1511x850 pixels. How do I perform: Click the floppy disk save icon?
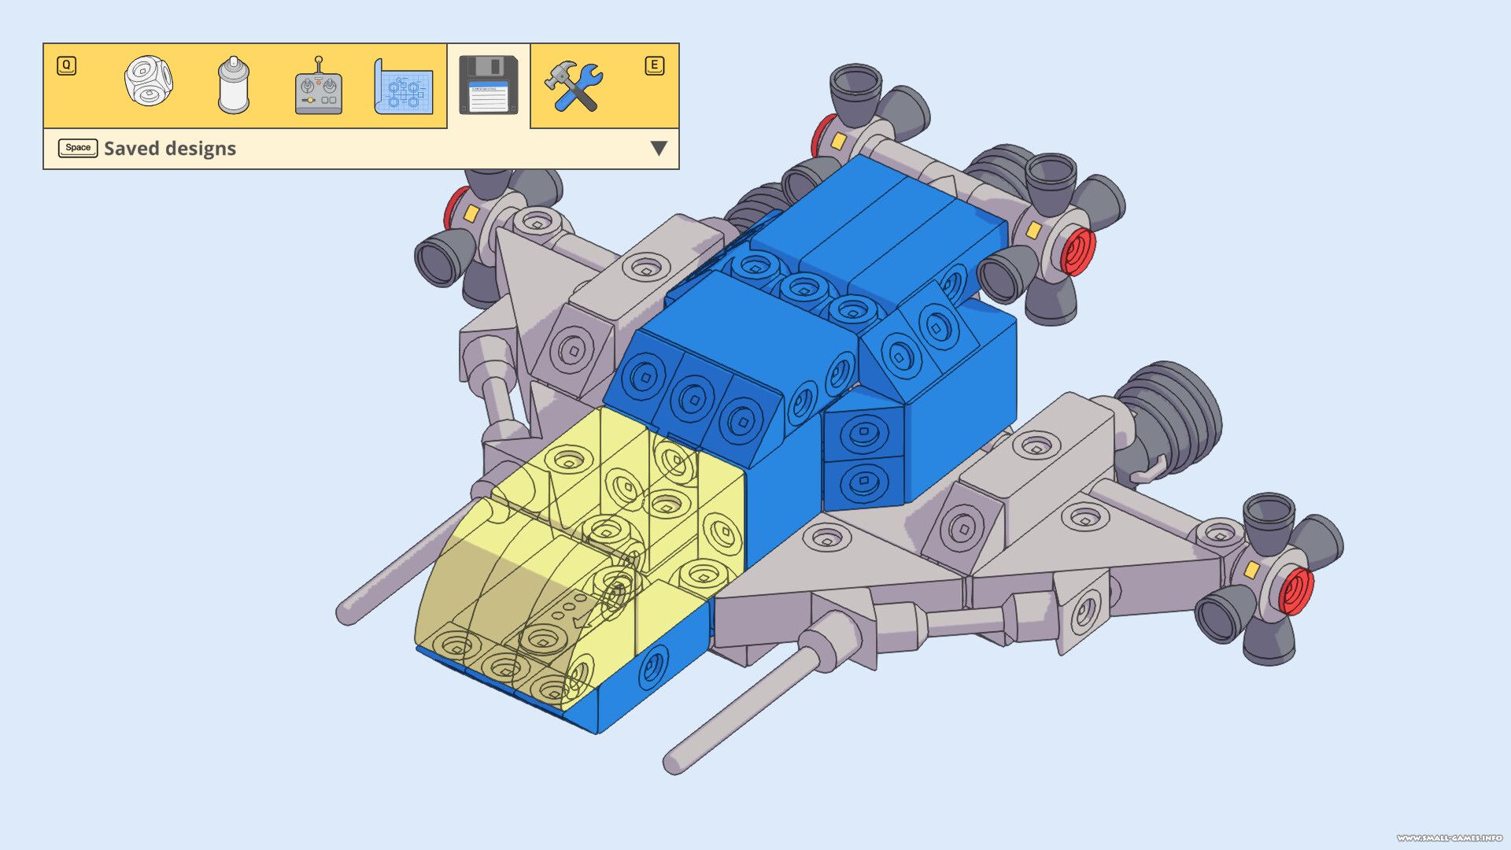tap(488, 85)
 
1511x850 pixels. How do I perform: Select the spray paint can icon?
tap(233, 85)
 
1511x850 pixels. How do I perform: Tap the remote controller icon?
tap(318, 87)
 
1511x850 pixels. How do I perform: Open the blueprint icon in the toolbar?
tap(403, 87)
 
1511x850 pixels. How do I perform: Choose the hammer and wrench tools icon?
tap(574, 86)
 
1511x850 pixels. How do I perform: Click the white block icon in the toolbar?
tap(149, 81)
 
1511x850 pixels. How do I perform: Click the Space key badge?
tap(78, 148)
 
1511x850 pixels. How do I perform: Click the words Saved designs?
tap(170, 148)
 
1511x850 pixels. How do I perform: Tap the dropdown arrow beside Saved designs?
tap(659, 148)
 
